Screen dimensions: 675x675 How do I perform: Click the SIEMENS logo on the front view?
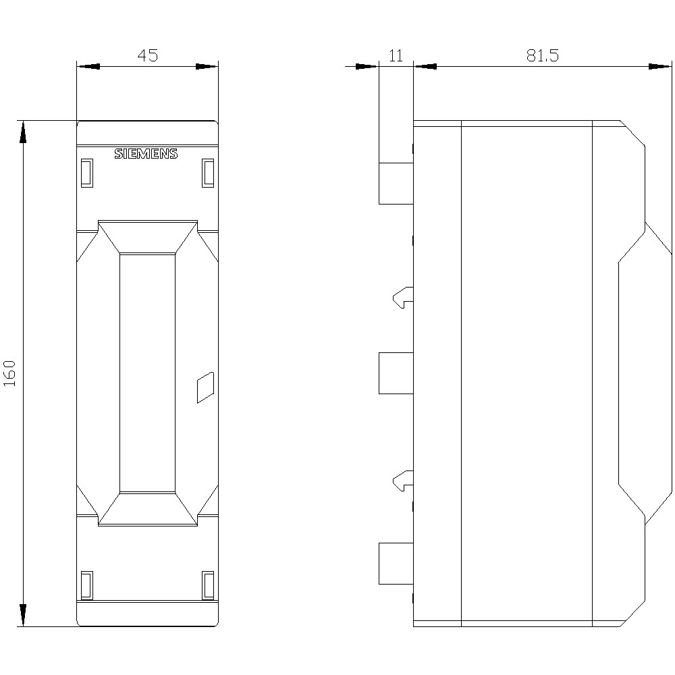146,154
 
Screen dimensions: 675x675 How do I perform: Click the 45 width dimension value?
147,56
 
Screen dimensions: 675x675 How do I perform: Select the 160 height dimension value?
10,373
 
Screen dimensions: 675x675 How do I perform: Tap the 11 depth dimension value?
396,56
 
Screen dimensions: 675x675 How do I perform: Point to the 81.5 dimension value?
543,56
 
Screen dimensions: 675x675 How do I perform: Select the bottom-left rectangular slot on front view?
86,585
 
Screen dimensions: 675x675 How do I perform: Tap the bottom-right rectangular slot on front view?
208,585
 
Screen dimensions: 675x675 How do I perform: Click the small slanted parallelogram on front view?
205,387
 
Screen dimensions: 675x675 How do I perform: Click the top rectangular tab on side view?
396,183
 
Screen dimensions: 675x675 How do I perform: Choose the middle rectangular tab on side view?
396,373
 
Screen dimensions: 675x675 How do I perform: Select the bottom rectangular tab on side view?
396,563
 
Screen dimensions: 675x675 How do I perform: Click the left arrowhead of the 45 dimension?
88,66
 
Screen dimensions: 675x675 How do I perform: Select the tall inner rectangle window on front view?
147,373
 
